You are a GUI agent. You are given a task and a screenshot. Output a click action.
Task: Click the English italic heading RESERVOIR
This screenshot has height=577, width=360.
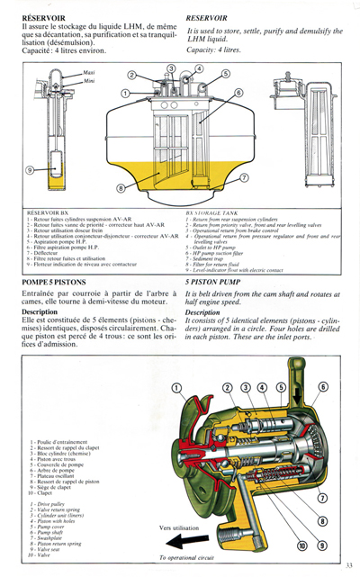[x=206, y=17]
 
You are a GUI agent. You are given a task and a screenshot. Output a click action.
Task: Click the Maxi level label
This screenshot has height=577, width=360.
[x=89, y=71]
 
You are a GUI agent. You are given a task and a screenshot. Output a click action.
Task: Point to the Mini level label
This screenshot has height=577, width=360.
[x=88, y=80]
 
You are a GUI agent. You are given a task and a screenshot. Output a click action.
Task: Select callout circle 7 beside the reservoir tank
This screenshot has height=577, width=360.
[x=244, y=177]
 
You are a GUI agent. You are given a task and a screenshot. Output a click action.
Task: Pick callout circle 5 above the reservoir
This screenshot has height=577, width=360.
[x=224, y=73]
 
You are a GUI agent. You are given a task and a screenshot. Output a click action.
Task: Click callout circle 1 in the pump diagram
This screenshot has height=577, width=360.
[x=176, y=387]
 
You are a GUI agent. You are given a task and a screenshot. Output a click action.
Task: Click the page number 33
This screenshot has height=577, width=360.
[x=348, y=564]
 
